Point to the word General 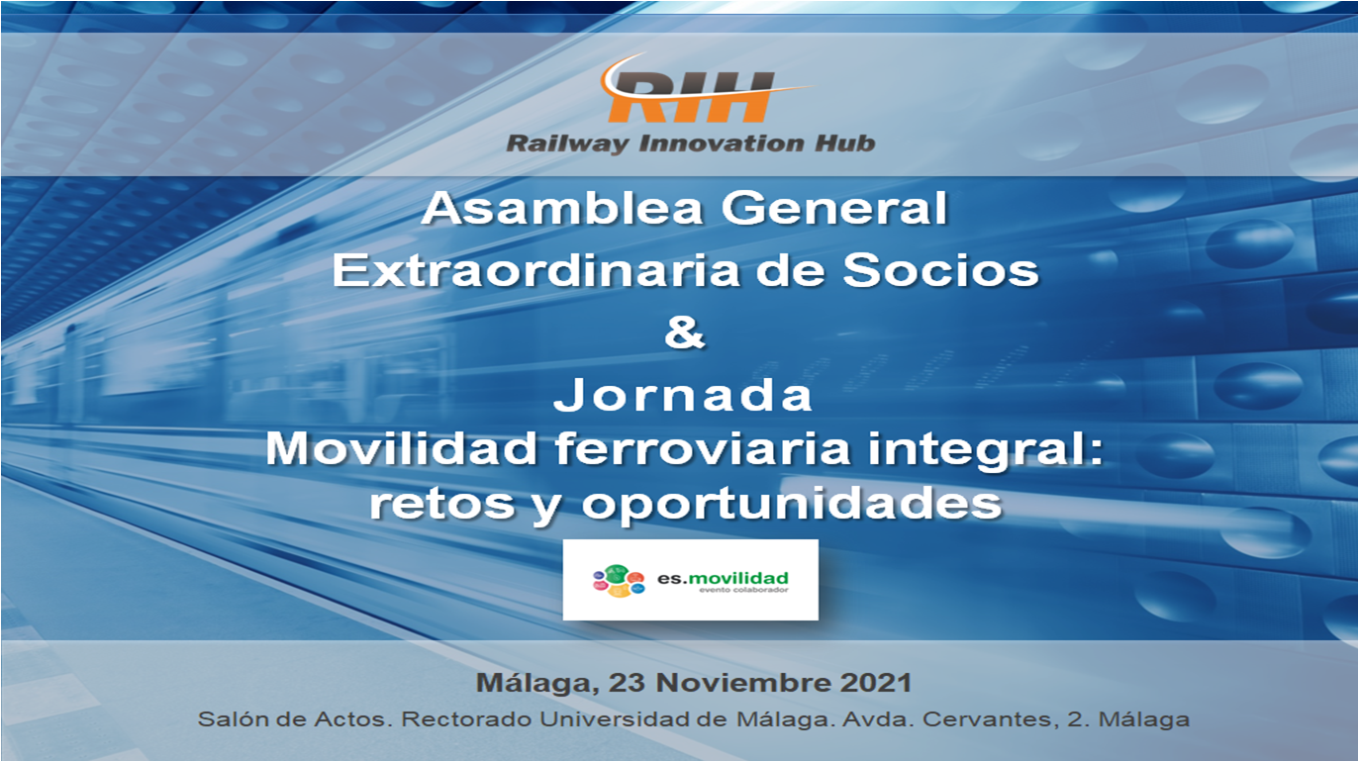(833, 208)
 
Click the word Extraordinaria (536, 270)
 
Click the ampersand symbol (684, 333)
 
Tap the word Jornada (683, 396)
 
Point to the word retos (442, 504)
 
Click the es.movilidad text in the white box (723, 578)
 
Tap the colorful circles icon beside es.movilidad (619, 581)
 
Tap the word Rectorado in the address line (467, 719)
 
